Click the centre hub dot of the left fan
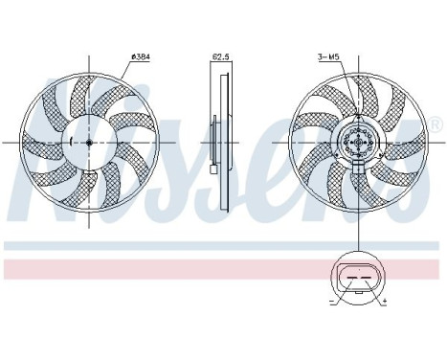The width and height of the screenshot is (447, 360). [88, 143]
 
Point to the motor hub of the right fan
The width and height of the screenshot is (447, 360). [358, 144]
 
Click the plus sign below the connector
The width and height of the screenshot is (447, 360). [385, 301]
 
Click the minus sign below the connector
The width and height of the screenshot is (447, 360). [332, 301]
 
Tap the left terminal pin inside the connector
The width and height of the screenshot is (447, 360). [349, 279]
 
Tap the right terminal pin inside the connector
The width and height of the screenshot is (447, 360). [368, 279]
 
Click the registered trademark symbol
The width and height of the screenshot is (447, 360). [436, 125]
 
